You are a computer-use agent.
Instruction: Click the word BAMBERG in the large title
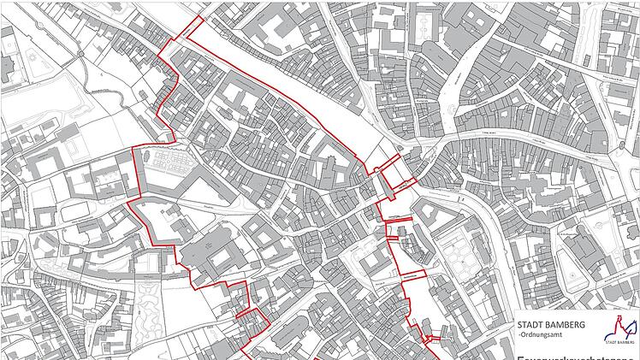pyautogui.click(x=566, y=325)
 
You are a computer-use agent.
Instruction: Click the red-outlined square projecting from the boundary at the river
pyautogui.click(x=398, y=174)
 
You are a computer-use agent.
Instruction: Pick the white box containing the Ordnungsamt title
pyautogui.click(x=576, y=339)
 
